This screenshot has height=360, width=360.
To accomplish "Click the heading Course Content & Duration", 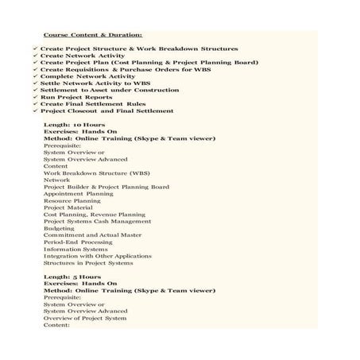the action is tap(93, 36).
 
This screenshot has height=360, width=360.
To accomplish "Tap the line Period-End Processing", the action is tap(78, 242).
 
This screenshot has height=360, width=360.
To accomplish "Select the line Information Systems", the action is tap(75, 249).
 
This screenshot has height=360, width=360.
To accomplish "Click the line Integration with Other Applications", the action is tap(97, 256).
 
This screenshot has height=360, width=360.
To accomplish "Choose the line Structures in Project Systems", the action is tap(88, 263).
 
